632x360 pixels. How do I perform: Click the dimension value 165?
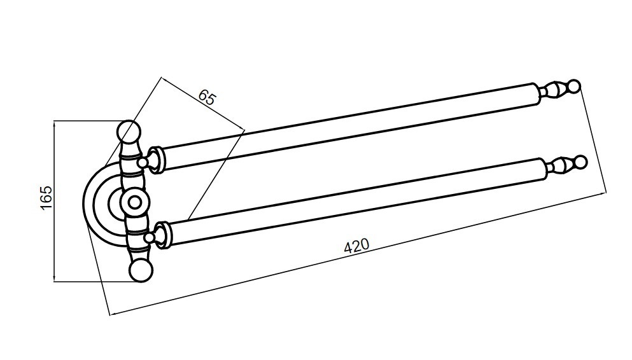pos(46,197)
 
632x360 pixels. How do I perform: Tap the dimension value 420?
pos(356,246)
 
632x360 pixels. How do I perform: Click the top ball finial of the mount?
pos(129,131)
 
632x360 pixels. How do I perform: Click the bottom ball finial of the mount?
pos(141,270)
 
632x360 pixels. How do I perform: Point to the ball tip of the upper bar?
pos(574,86)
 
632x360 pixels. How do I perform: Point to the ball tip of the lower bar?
pos(580,162)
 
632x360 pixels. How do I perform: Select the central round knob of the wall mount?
pos(135,202)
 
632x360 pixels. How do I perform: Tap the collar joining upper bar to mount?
pos(156,160)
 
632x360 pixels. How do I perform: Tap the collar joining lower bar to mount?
pos(163,235)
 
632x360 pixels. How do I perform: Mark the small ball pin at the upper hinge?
pos(143,163)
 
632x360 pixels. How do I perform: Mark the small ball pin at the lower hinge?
pos(150,239)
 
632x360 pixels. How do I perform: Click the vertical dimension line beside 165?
pos(54,201)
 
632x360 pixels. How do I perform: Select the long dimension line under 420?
pos(358,254)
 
